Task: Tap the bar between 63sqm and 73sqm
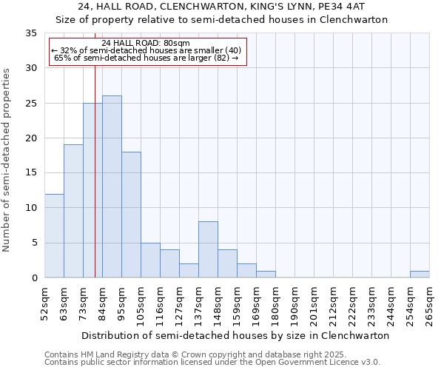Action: (x=73, y=211)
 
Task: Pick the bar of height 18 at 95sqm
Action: (x=131, y=215)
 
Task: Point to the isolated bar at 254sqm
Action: (x=420, y=274)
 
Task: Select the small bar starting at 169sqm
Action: (x=266, y=274)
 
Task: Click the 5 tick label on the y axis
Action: (x=33, y=243)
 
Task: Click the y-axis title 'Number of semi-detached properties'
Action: (x=7, y=160)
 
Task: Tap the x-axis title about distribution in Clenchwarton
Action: (x=235, y=335)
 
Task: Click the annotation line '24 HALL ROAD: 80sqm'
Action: (x=147, y=43)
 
